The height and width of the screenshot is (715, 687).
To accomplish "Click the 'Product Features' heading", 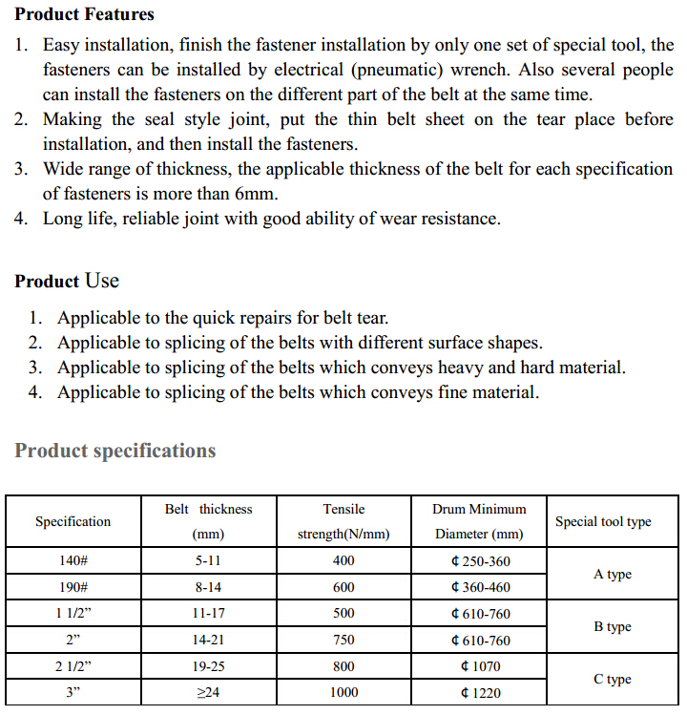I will coord(84,14).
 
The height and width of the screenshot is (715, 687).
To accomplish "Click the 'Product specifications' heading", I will coord(115,451).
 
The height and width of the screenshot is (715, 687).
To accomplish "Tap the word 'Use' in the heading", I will coord(102,281).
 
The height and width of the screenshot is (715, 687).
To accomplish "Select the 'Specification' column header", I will coord(73,521).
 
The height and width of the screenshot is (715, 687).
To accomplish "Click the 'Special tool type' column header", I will coord(603,521).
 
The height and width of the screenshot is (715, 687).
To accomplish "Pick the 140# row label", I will coord(73,561).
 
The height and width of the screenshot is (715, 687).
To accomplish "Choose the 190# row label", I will coord(73,587).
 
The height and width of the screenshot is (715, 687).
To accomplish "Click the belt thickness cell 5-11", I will coord(208,561).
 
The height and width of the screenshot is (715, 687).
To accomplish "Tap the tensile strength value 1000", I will coord(343,692).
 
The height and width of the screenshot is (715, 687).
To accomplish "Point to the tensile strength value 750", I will coord(343,640).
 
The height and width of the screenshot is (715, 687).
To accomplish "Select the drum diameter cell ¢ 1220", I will coord(479,692).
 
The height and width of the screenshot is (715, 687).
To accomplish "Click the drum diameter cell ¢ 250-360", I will coord(479,561).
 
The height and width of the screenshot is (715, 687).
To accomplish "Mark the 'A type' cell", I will coord(612,575).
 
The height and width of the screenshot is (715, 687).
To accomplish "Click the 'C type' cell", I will coord(612,680).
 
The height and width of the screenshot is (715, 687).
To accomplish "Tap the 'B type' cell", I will coord(612,627).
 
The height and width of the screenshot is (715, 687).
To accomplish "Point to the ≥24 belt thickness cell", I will coord(208,692).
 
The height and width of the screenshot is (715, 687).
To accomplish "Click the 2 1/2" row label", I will coord(73,666).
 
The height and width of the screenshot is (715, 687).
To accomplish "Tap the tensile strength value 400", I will coord(343,561).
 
